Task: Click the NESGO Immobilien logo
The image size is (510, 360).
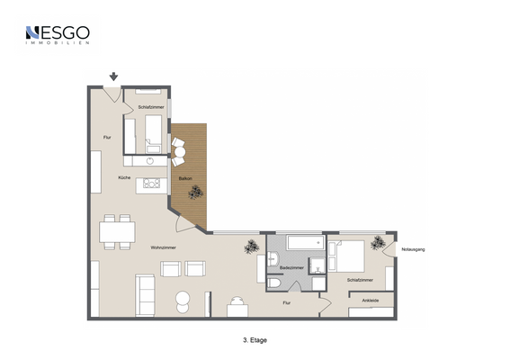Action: pos(58,35)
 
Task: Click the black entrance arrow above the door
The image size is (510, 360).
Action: pos(113,77)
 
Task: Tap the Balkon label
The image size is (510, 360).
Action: pos(184,179)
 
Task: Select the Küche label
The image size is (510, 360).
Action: pos(124,177)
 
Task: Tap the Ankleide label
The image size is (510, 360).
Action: pos(370,300)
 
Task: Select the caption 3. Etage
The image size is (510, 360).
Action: pos(255,340)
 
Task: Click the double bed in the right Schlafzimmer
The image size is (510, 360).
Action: pos(350,256)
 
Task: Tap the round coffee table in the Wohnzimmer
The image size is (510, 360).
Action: pos(182,300)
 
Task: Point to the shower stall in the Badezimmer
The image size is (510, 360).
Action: pos(318,265)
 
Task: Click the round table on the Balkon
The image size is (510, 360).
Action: pos(178,153)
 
